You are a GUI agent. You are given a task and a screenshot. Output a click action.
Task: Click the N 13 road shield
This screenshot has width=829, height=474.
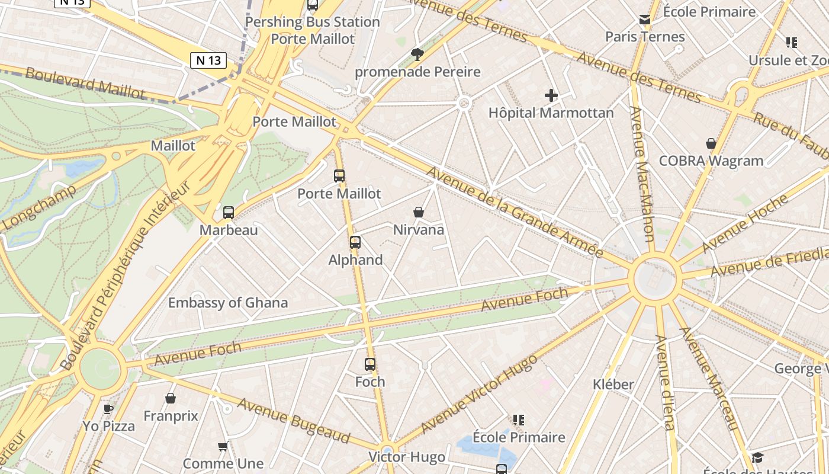pos(208,60)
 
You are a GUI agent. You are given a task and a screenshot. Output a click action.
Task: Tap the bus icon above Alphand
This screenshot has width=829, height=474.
pos(355,242)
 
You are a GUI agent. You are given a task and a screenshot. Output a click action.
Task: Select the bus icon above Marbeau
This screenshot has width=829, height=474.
pos(229,212)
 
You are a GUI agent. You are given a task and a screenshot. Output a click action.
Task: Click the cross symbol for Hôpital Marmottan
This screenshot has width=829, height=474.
pos(551,95)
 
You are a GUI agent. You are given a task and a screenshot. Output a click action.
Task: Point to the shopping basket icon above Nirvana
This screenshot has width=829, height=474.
pos(419,212)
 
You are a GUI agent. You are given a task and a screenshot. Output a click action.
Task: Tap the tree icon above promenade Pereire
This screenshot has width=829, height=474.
pos(417,55)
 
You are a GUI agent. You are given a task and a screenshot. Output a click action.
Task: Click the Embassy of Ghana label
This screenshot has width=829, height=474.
pos(228,303)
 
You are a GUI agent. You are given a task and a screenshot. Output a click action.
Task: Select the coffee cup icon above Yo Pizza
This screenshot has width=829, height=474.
pos(108,408)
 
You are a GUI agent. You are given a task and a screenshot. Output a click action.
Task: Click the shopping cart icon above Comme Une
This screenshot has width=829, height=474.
pos(223,446)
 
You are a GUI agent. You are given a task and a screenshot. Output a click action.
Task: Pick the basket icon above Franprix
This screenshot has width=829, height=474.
pos(171,398)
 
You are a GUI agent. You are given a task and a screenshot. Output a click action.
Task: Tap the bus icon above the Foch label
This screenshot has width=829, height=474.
pos(370,364)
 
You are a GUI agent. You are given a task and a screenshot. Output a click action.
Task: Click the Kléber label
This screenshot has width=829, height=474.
pos(613,385)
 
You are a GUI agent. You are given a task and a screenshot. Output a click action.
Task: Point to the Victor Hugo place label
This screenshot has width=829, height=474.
pos(407,457)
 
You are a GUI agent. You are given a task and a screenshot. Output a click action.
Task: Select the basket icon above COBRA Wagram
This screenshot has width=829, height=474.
pos(711,143)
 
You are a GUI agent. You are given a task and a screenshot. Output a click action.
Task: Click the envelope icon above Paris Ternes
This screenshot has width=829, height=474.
pos(645,20)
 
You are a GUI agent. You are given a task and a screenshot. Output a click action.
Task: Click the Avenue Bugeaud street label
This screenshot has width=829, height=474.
pos(294,420)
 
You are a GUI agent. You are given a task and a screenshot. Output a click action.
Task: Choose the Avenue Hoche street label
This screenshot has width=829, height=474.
pos(746,223)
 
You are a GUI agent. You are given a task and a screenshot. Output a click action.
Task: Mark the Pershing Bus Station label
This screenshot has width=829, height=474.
pos(313,22)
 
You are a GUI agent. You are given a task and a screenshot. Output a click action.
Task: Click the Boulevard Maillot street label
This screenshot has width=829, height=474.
pos(85,84)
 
